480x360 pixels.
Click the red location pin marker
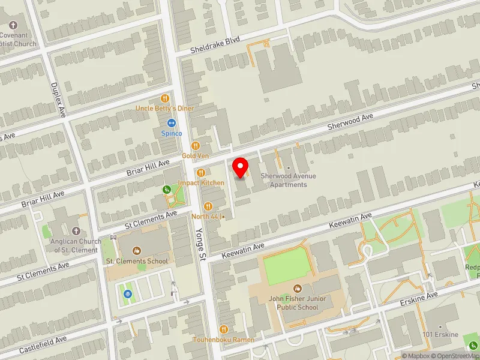[x=241, y=167]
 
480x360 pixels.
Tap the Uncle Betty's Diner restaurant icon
[x=164, y=98]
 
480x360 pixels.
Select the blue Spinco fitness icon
[x=171, y=123]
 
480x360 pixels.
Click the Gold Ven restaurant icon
[x=195, y=146]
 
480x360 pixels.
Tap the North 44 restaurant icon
[x=208, y=206]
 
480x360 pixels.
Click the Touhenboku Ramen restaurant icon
[x=224, y=329]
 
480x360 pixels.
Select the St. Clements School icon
[x=136, y=250]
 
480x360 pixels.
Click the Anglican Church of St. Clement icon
[x=76, y=231]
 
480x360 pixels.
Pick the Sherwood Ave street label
[x=350, y=121]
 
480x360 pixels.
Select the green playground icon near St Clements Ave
[x=167, y=190]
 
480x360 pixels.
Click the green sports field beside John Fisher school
[x=286, y=266]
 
